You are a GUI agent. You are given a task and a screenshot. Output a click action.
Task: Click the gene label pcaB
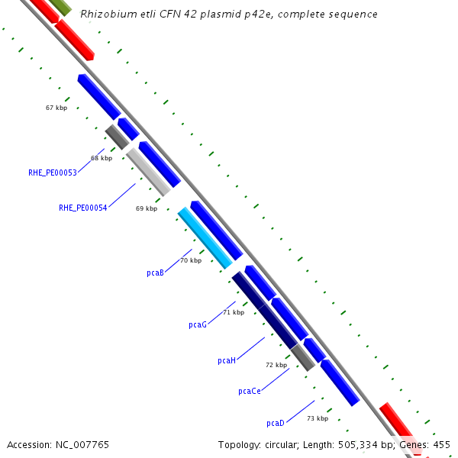point(155,273)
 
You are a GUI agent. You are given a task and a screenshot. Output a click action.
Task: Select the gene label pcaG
point(198,324)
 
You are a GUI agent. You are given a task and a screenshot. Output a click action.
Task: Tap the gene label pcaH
point(227,360)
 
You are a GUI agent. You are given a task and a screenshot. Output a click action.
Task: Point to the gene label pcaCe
point(250,391)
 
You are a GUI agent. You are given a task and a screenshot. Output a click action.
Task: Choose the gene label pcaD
point(276,423)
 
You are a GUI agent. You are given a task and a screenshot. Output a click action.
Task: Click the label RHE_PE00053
point(53,173)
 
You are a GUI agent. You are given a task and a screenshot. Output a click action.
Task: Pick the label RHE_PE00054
point(83,208)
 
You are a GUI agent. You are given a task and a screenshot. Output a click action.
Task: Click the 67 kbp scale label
point(56,108)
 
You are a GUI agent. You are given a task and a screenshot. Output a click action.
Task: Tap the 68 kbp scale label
point(102,158)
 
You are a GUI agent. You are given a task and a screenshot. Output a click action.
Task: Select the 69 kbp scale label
point(147,208)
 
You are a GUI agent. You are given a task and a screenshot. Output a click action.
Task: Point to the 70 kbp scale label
point(191,260)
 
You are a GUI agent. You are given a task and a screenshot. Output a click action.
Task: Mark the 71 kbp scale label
point(234,312)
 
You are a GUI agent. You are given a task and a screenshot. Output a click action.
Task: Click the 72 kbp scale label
point(276,365)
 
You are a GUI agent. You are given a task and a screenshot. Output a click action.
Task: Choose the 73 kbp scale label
point(318,418)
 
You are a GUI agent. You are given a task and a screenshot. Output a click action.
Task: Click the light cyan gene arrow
point(205,237)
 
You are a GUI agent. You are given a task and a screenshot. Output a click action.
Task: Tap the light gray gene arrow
point(148,172)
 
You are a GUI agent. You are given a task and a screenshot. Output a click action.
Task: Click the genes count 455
point(442,444)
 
